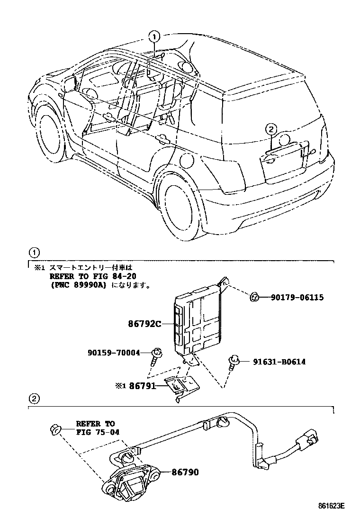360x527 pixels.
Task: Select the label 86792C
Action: click(145, 324)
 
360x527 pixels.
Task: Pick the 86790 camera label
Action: click(185, 472)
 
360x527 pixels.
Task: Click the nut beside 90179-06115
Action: click(254, 297)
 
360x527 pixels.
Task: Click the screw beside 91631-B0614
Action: click(233, 363)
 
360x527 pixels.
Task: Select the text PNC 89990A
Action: click(79, 285)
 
